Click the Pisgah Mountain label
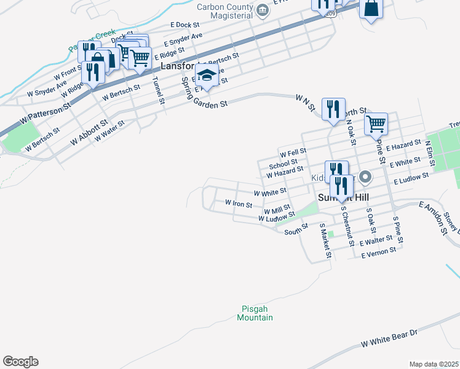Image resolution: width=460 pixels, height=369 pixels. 255,314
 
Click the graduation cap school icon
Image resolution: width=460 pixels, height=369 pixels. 207,76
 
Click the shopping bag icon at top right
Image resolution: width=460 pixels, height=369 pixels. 371,9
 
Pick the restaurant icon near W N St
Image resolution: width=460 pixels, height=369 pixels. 333,109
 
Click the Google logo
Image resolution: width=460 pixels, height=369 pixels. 20,362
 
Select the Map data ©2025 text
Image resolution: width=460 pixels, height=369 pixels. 434,364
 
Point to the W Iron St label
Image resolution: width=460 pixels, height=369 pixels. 238,203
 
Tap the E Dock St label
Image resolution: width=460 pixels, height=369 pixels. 186,25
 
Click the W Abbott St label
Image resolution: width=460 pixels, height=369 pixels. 89,132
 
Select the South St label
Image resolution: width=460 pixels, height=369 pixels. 296,231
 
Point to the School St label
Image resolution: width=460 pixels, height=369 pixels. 283,164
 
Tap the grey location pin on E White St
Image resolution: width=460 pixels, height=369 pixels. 365,177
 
